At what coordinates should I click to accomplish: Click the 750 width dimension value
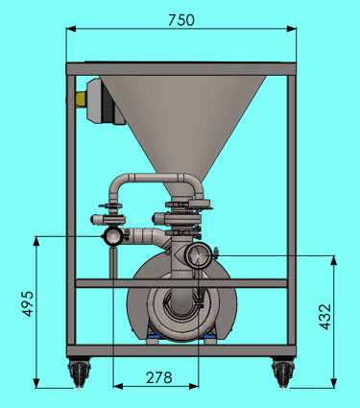pyautogui.click(x=181, y=20)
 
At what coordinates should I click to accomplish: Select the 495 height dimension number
pyautogui.click(x=28, y=303)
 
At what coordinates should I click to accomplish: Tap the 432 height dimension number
pyautogui.click(x=325, y=317)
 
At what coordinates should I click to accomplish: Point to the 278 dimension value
pyautogui.click(x=159, y=377)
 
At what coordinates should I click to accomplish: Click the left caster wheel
pyautogui.click(x=79, y=372)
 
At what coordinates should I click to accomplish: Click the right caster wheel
pyautogui.click(x=283, y=372)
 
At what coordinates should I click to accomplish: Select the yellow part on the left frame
pyautogui.click(x=81, y=99)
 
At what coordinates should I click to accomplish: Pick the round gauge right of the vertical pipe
pyautogui.click(x=198, y=255)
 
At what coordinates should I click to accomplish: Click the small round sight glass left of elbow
pyautogui.click(x=112, y=236)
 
